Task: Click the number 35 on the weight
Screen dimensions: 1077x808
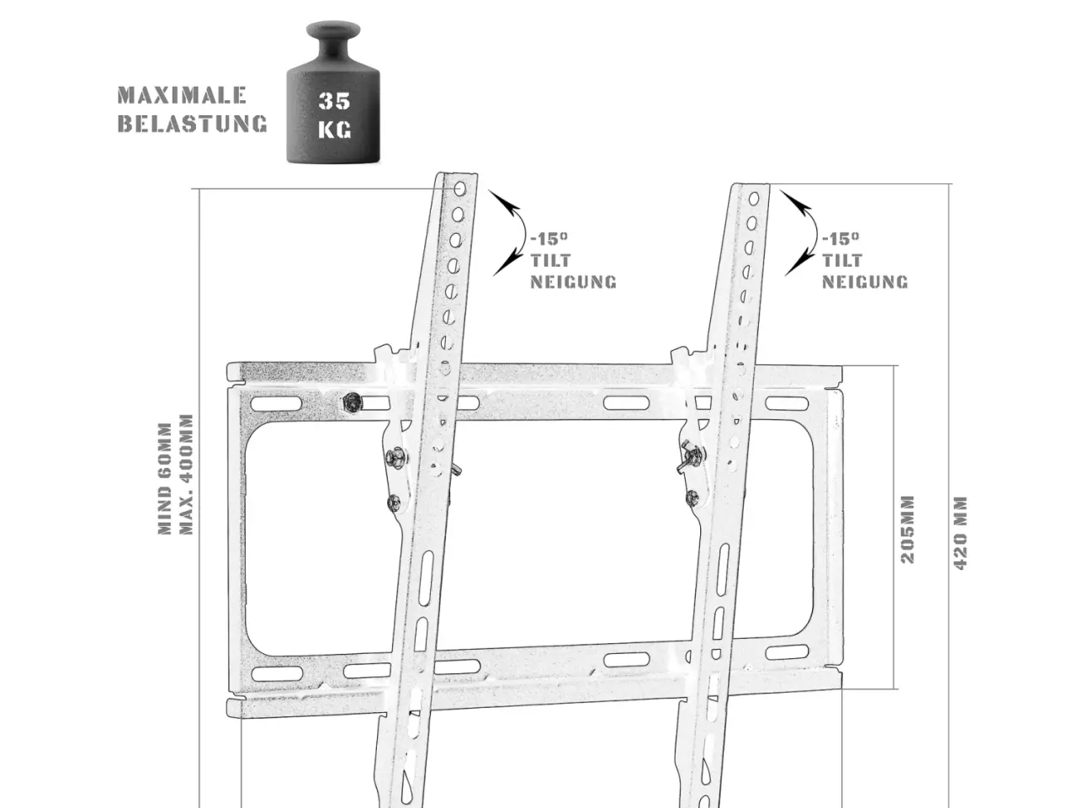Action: [334, 100]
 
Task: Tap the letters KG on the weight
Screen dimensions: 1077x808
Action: [335, 130]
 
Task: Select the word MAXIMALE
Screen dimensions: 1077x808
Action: [182, 95]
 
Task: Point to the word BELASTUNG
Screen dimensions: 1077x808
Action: [193, 123]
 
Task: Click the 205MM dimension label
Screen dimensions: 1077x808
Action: [908, 529]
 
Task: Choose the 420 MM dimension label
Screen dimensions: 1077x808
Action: [960, 533]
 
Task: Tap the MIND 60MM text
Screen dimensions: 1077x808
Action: [165, 478]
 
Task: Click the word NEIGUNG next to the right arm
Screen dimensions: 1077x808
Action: [864, 282]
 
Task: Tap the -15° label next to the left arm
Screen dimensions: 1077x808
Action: [549, 239]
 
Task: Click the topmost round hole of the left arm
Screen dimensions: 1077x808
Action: [460, 189]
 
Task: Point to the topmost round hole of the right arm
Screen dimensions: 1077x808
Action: [754, 199]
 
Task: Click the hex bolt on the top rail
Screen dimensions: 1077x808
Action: [352, 403]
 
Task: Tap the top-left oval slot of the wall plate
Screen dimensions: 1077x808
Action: [276, 404]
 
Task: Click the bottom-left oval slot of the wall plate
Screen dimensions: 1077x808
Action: [277, 673]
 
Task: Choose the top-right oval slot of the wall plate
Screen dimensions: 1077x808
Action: [787, 403]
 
